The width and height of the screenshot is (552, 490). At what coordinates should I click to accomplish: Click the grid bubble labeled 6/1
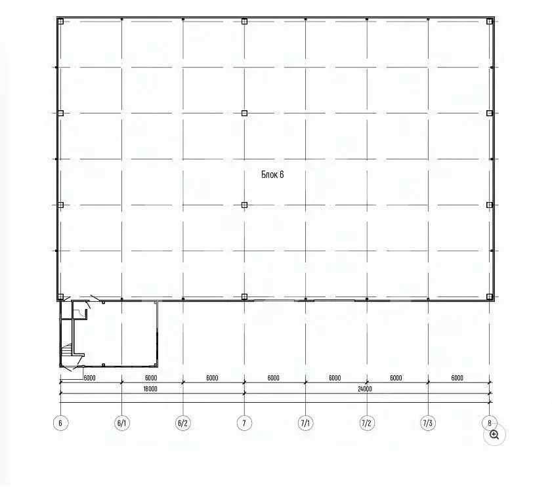(121, 423)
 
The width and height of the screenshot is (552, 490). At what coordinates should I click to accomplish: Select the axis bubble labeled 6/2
(182, 423)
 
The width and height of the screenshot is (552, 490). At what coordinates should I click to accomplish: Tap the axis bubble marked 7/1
(305, 423)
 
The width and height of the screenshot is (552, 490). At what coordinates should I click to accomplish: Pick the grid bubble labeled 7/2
(366, 423)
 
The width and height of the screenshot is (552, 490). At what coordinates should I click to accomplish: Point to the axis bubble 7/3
(428, 423)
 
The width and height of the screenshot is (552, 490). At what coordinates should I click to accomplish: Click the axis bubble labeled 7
(244, 423)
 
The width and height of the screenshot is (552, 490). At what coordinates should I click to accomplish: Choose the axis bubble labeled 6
(60, 423)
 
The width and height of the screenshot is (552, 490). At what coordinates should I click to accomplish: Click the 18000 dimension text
(150, 389)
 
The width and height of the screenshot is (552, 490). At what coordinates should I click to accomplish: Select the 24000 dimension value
(365, 389)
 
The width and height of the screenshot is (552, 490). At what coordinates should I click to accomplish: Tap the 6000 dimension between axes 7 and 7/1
(274, 378)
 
